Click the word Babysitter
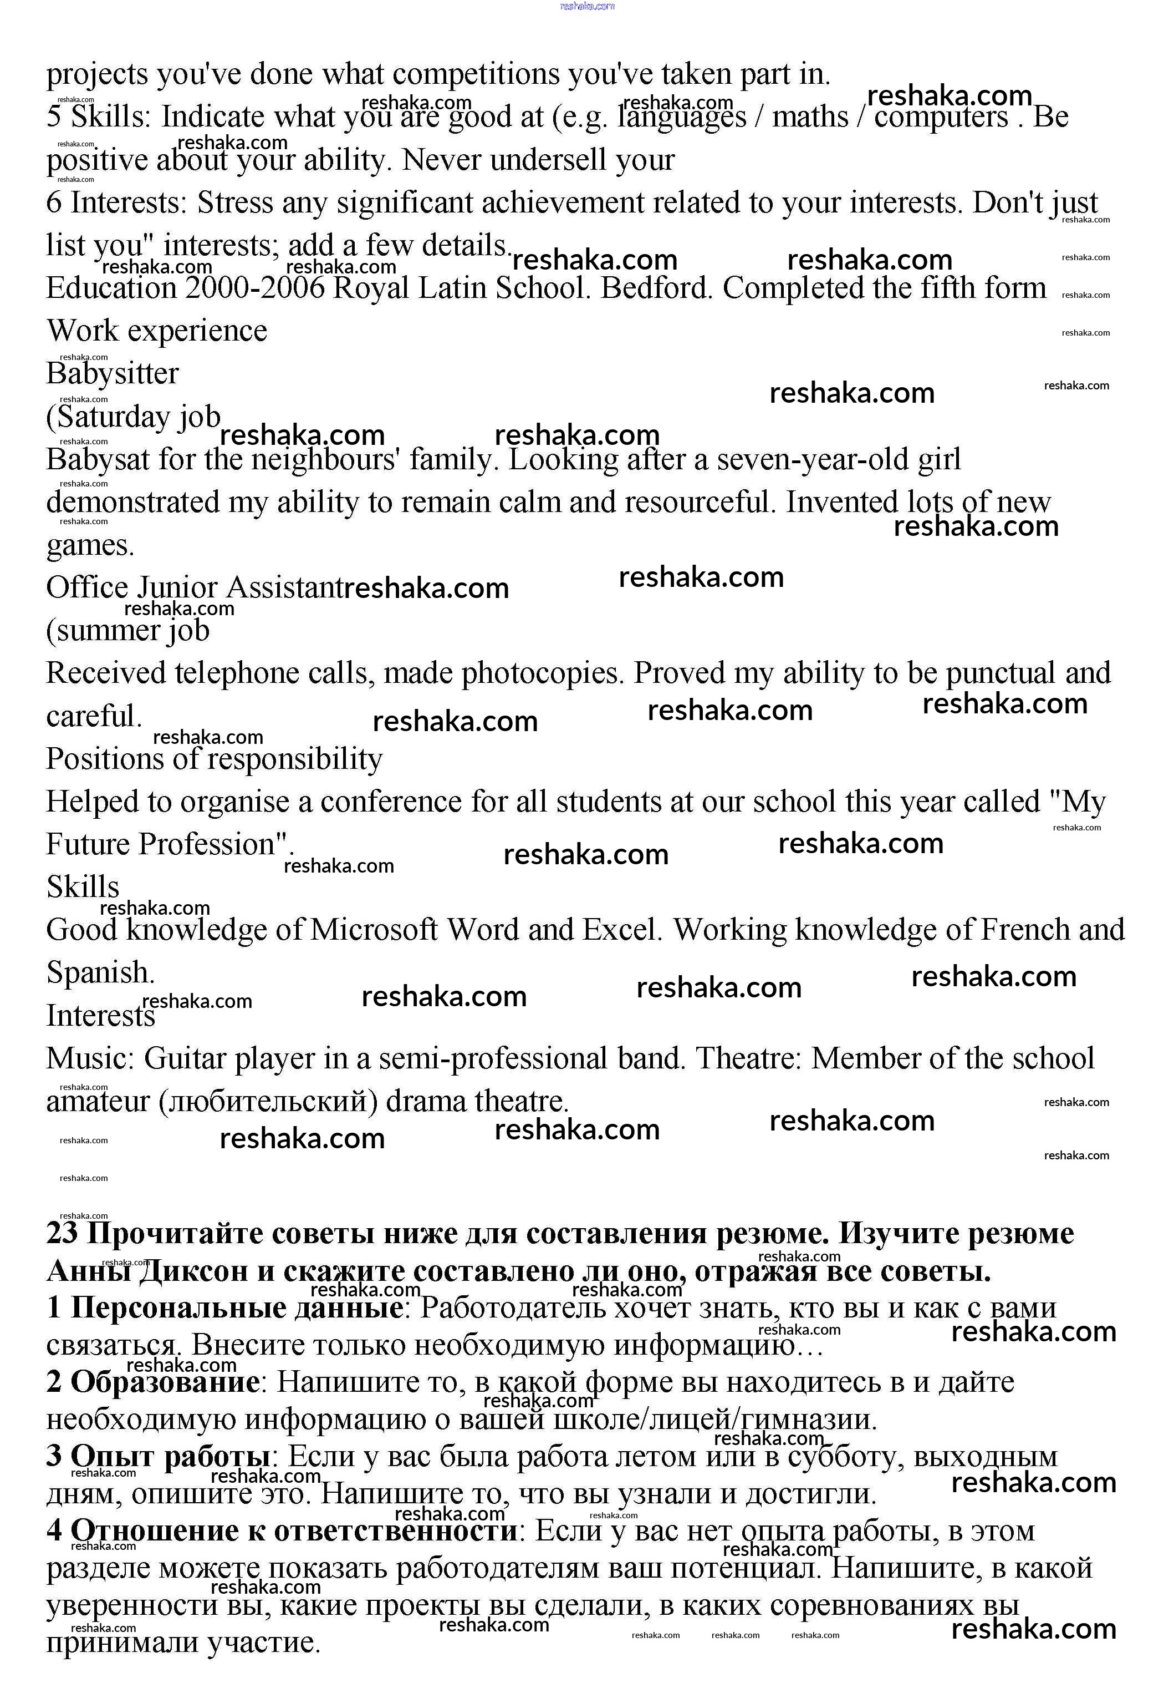click(x=112, y=373)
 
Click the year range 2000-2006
click(x=254, y=288)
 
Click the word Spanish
click(x=100, y=972)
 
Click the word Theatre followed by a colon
click(x=749, y=1058)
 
